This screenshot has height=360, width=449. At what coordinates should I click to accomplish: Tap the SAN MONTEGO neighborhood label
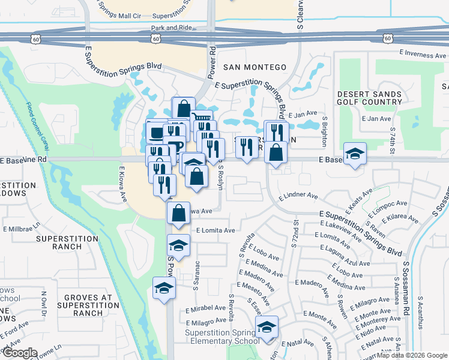[x=255, y=67]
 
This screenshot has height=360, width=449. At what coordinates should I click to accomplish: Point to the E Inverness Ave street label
[x=424, y=55]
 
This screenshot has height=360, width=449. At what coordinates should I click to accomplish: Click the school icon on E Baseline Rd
[x=355, y=154]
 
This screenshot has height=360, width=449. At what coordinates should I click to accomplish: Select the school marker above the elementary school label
[x=267, y=327]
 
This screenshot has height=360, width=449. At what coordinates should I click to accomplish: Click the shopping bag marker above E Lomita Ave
[x=179, y=212]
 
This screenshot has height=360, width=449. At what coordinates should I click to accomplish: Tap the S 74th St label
[x=393, y=139]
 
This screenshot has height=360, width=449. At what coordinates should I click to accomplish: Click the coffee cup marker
[x=157, y=133]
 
